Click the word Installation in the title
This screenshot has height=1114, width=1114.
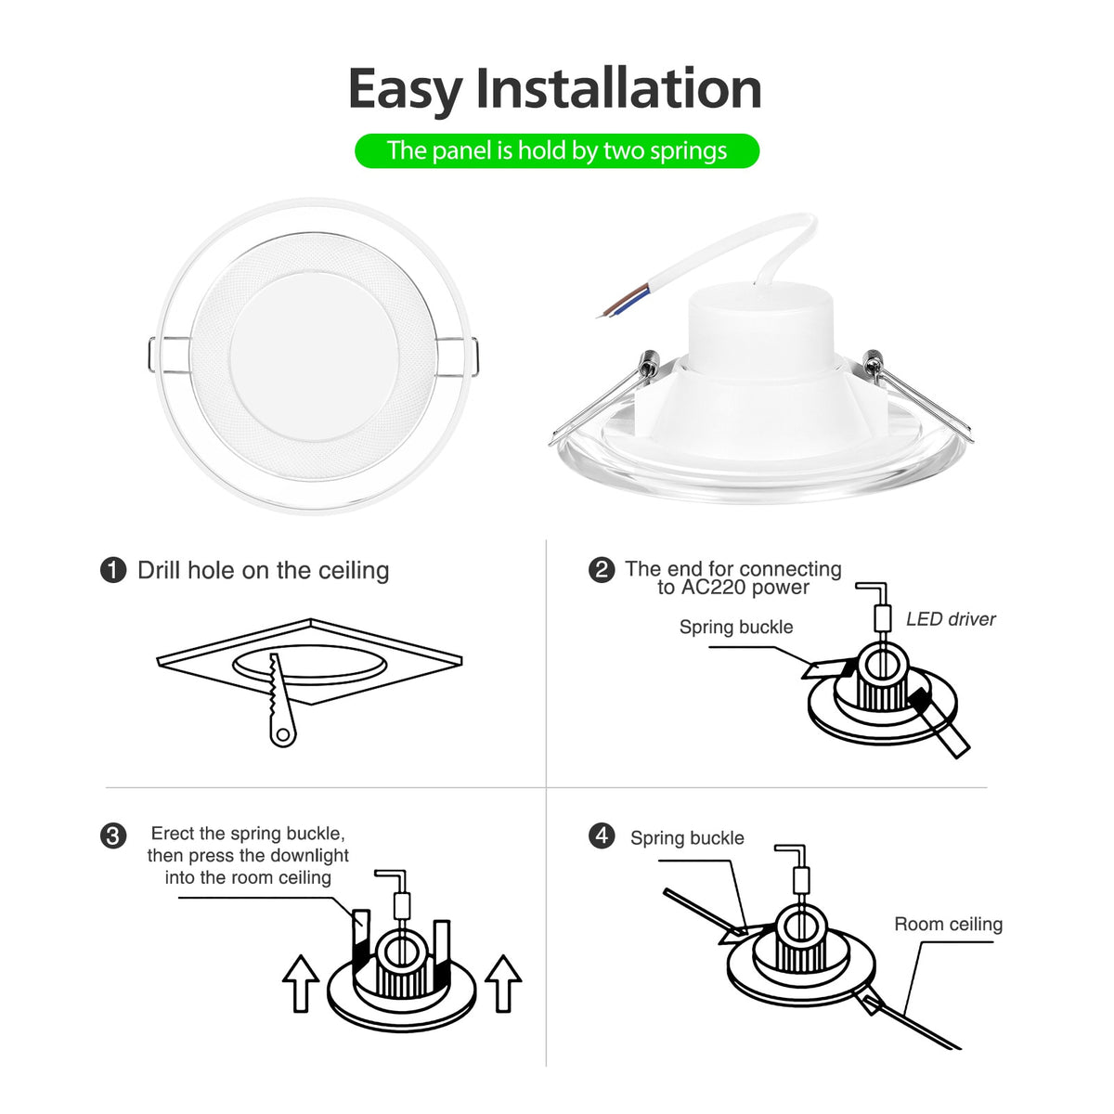[618, 89]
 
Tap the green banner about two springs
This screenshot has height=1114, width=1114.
[557, 150]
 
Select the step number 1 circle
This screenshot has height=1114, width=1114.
[113, 570]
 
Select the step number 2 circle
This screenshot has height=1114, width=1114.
[602, 569]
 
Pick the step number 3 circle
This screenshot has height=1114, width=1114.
[113, 835]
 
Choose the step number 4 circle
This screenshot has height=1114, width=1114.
[602, 835]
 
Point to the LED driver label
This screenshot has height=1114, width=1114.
[951, 619]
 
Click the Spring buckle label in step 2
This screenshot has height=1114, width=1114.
[736, 627]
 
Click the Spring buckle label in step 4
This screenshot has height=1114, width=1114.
[687, 838]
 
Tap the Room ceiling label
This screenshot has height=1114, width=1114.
[948, 925]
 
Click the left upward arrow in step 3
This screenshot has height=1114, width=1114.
[301, 982]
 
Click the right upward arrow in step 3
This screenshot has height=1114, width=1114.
[503, 982]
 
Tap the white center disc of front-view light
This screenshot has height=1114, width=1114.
[314, 356]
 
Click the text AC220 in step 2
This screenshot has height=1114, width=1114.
[715, 588]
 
